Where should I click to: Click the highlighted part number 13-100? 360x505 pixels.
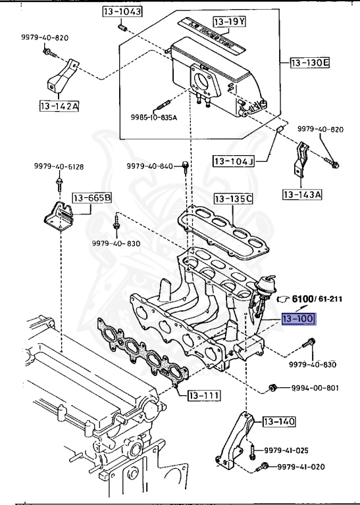point(298,320)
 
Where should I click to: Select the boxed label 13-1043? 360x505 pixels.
point(122,12)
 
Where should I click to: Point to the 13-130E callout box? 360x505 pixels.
point(309,63)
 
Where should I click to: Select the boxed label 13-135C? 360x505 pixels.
point(233,198)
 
